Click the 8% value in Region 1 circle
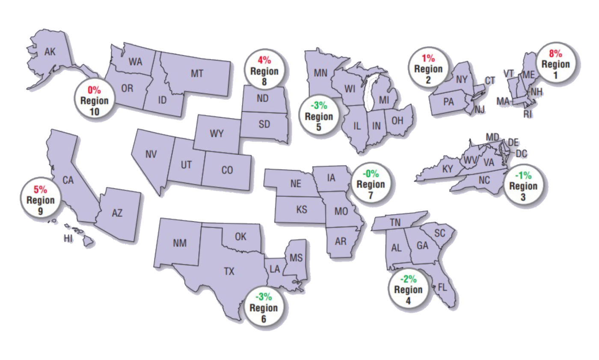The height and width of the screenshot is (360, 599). pyautogui.click(x=556, y=54)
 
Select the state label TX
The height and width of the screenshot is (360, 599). pyautogui.click(x=229, y=271)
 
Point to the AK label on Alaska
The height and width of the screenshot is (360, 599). pyautogui.click(x=50, y=52)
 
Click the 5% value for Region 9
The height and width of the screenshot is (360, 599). pyautogui.click(x=41, y=189)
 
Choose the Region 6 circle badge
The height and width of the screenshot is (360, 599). pyautogui.click(x=264, y=307)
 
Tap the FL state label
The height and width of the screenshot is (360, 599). pyautogui.click(x=442, y=287)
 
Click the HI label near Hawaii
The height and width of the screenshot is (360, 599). pyautogui.click(x=68, y=238)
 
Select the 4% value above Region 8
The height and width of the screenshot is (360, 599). pyautogui.click(x=264, y=61)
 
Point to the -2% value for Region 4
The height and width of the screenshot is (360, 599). pyautogui.click(x=408, y=279)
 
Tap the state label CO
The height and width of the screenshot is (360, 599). pyautogui.click(x=227, y=170)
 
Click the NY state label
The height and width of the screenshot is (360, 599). pyautogui.click(x=462, y=79)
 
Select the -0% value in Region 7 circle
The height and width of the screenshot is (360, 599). pyautogui.click(x=371, y=174)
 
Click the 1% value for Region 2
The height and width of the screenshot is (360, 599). pyautogui.click(x=428, y=59)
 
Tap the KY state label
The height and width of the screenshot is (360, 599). pyautogui.click(x=448, y=169)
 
